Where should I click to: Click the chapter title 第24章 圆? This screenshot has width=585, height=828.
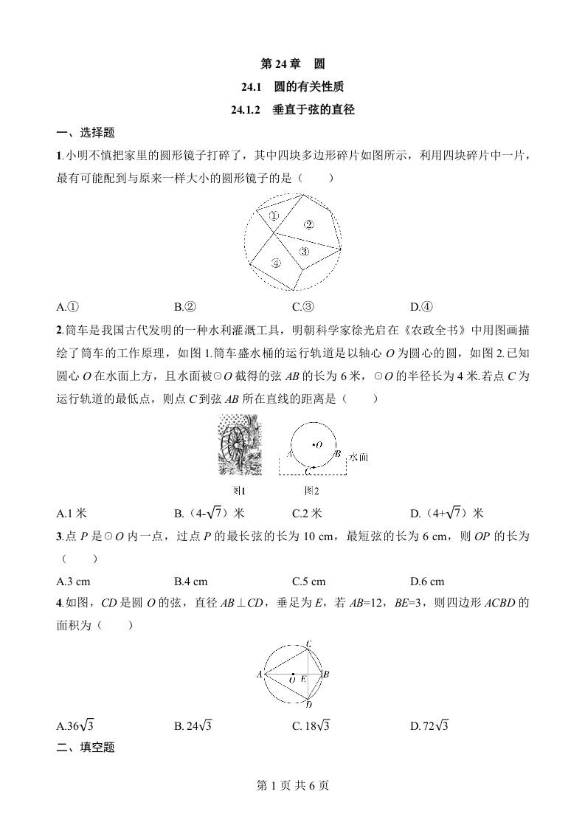[x=293, y=64]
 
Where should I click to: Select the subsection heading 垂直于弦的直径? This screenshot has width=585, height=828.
[x=293, y=110]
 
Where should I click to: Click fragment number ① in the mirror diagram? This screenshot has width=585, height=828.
[x=272, y=215]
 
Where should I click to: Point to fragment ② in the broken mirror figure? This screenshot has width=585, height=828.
[x=309, y=224]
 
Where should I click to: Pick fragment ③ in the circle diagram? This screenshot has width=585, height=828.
[x=303, y=252]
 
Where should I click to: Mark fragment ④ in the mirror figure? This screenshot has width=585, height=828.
[x=275, y=262]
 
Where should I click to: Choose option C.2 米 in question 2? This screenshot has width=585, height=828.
[x=308, y=514]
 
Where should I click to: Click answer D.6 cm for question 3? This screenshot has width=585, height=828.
[x=427, y=581]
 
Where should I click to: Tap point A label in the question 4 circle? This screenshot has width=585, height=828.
[x=259, y=674]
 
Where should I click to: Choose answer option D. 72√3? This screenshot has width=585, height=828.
[x=429, y=726]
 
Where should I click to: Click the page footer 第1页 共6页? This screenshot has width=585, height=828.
[x=292, y=785]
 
